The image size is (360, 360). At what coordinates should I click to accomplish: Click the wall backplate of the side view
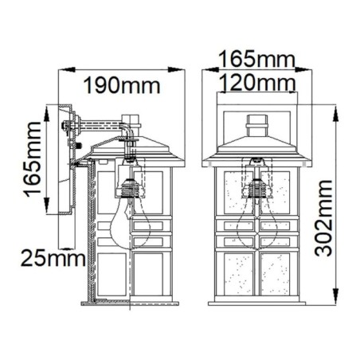pos(65,159)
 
